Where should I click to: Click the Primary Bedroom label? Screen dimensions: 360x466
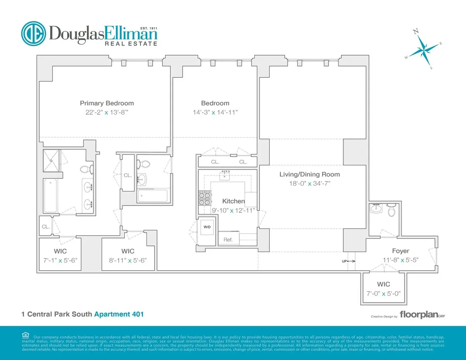107,103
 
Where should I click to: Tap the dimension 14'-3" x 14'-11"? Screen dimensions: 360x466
215,113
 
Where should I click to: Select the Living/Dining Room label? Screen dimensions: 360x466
310,174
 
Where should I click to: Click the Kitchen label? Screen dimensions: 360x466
233,201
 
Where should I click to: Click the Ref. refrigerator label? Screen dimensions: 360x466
228,240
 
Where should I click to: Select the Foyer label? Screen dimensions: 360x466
400,251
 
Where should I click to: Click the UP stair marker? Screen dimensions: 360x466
344,261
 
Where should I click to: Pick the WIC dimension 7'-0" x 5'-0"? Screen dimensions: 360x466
383,294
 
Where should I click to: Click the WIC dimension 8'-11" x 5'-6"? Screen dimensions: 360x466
128,260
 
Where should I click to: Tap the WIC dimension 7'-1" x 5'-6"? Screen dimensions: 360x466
60,260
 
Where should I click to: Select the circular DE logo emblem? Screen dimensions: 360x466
33,33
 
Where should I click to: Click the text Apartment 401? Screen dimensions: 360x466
119,314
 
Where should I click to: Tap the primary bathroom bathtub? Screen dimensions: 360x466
51,196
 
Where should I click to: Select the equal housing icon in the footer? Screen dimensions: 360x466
26,335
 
